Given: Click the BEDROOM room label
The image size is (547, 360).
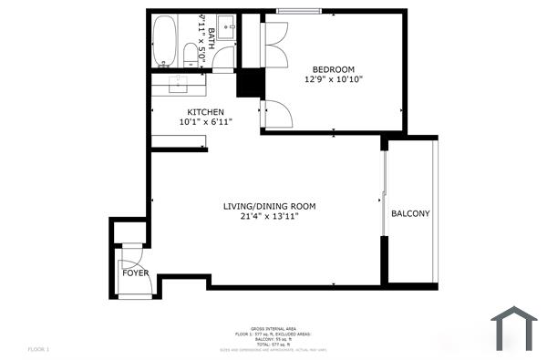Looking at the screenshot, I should click(x=334, y=69).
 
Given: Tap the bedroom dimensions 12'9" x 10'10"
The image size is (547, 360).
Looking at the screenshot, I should click(x=334, y=80).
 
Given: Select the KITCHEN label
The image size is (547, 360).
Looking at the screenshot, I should click(x=206, y=112).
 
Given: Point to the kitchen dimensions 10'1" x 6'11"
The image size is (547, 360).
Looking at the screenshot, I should click(x=206, y=122).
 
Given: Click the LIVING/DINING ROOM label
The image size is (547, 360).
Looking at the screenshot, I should click(x=270, y=207).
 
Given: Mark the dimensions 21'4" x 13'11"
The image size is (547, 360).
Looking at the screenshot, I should click(x=270, y=217).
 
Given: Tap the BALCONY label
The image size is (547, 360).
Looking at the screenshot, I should click(x=410, y=214).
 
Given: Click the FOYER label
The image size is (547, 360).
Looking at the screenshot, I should click(x=135, y=273).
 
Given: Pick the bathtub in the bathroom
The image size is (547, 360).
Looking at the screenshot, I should click(x=165, y=42).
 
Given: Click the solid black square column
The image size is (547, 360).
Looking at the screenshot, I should click(x=249, y=83).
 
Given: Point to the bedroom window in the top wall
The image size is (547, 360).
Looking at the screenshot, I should click(x=304, y=11).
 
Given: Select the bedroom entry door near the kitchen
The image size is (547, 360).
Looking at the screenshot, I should click(x=275, y=113).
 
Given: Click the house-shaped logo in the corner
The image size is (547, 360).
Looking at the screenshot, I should click(x=514, y=328).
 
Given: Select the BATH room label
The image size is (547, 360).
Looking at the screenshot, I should click(x=212, y=37).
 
